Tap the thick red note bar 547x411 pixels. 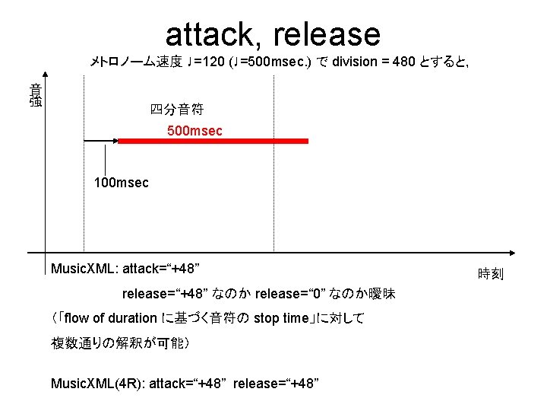click(x=213, y=141)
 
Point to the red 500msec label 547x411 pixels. click(x=194, y=132)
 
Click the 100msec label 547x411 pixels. click(x=122, y=183)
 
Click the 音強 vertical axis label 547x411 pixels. click(x=36, y=94)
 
